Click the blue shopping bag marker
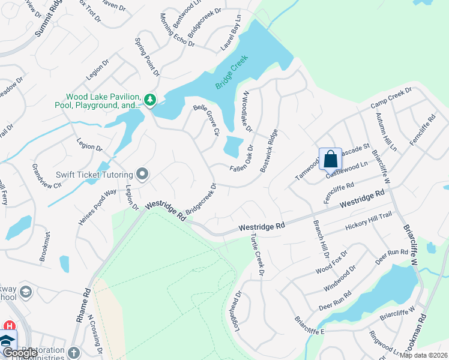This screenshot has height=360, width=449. pos(330,159)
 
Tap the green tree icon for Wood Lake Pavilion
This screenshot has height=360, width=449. pos(150,99)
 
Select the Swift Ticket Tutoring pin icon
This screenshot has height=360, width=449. pos(142,174)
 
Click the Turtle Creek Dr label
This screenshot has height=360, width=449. pos(257,255)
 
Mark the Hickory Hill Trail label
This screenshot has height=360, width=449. pos(369,222)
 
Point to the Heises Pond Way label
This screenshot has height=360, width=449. pos(97,208)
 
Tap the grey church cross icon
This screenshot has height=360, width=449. pos(74,352)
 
